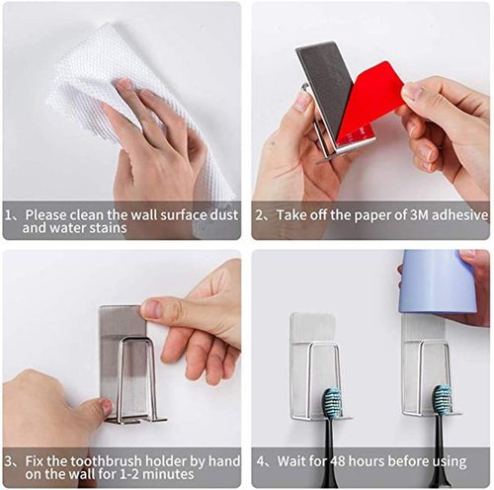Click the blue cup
[x=441, y=282]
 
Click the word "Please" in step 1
[x=45, y=213]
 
